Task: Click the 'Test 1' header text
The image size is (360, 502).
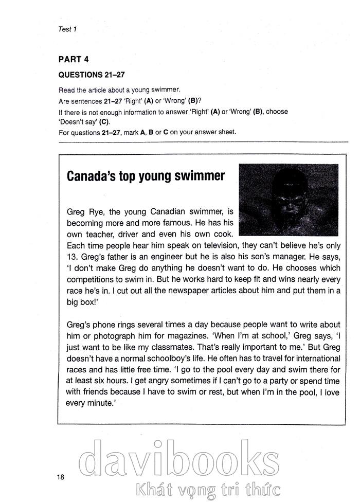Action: [67, 29]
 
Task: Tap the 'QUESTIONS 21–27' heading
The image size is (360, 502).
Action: [92, 74]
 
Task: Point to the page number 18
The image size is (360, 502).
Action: [61, 477]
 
